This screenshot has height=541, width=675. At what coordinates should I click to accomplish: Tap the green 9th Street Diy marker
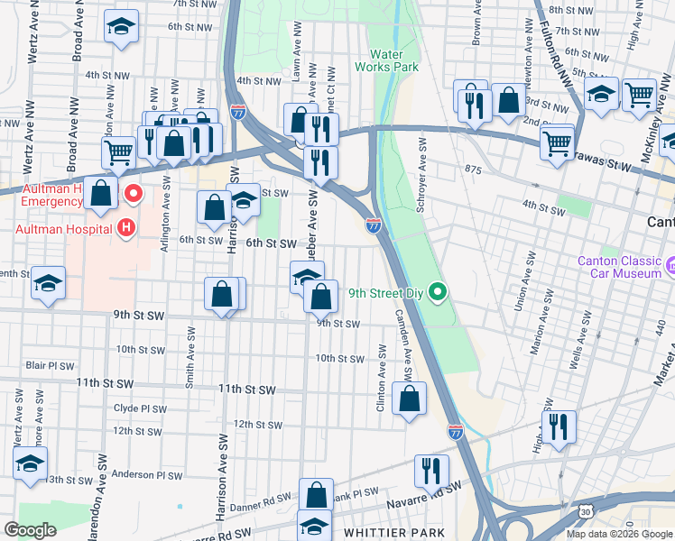[438, 291]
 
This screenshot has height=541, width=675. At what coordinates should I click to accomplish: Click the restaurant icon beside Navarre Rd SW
[431, 471]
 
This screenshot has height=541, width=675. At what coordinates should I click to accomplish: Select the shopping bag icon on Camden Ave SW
[410, 399]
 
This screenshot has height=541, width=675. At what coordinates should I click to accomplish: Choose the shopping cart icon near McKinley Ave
[639, 94]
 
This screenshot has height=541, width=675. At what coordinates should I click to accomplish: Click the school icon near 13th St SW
[30, 464]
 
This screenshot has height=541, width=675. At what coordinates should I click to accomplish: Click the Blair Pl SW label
[50, 365]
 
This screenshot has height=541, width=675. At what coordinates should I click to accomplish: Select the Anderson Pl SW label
[147, 474]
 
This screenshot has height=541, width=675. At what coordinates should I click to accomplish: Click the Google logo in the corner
[30, 530]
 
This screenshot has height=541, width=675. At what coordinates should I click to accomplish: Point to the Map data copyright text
[619, 534]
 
